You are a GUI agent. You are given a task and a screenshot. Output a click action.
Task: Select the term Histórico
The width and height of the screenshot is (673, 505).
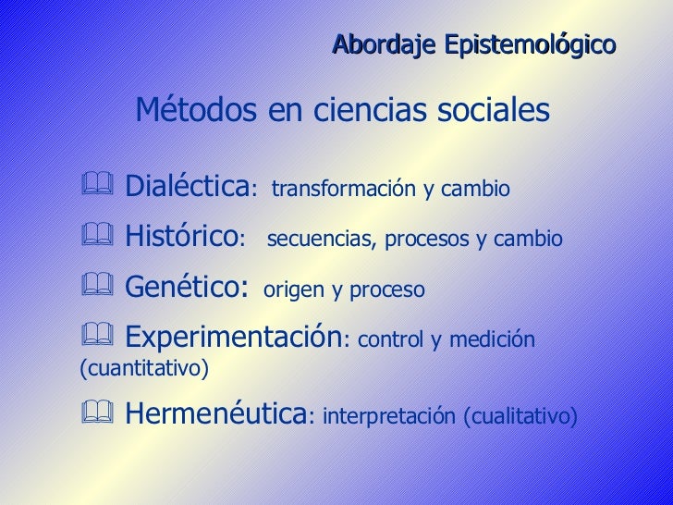point(181,239)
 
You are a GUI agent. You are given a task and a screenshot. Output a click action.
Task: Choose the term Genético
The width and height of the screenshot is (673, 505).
point(185,289)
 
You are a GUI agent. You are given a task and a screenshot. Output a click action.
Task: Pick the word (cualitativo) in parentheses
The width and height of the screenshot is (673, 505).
point(522,418)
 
